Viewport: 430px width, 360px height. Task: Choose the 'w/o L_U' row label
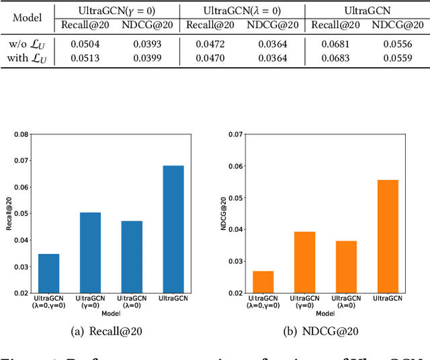point(28,44)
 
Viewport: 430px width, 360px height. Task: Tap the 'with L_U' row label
point(28,58)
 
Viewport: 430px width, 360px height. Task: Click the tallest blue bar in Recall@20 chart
point(173,228)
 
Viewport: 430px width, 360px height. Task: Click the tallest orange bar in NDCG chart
point(388,236)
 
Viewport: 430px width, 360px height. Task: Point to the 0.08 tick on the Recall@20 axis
point(22,134)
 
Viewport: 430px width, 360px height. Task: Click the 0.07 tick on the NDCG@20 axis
point(236,134)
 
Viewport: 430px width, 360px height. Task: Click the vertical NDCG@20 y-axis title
point(224,214)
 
